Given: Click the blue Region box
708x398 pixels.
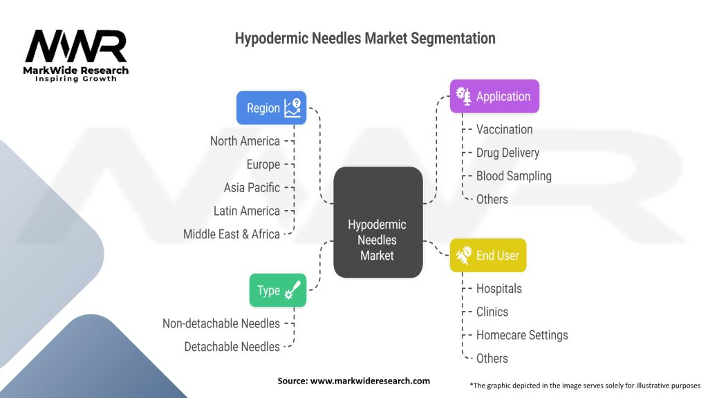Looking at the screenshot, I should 271,108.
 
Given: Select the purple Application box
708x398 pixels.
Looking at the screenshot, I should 494,96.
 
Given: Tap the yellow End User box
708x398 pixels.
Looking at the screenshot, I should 487,255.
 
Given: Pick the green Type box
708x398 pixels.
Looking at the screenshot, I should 277,290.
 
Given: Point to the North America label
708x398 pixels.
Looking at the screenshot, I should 245,141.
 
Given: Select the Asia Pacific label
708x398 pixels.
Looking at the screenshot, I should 252,187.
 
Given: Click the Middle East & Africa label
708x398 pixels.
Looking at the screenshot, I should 232,234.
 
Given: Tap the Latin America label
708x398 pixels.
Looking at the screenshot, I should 247,211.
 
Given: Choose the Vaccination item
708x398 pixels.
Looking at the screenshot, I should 504,129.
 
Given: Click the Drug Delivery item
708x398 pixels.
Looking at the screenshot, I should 507,153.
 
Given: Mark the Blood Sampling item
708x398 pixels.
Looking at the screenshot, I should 514,176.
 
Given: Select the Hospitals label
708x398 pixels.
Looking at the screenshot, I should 499,288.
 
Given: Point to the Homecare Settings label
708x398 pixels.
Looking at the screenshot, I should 521,334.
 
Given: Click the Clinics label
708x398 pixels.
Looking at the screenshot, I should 492,312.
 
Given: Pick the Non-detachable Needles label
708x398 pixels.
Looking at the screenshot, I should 221,323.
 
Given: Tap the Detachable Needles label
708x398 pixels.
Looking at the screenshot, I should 232,346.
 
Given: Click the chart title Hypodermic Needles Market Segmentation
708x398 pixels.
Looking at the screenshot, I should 365,39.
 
